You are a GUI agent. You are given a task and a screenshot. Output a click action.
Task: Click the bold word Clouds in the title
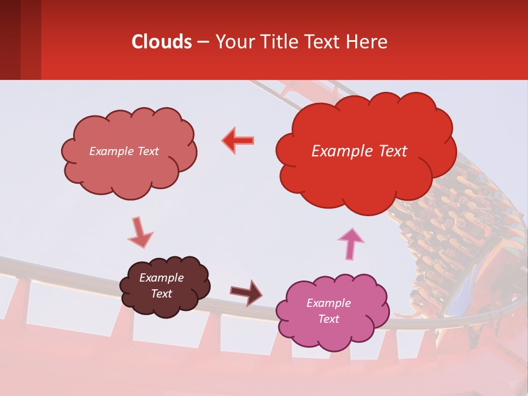pos(162,42)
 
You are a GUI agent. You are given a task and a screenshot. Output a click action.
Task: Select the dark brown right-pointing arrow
pos(246,293)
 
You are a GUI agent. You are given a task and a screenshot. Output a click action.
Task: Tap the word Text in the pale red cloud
pos(147,151)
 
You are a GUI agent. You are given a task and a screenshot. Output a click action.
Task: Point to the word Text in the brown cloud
pos(162,294)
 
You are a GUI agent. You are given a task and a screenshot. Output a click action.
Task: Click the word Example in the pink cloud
pos(328,303)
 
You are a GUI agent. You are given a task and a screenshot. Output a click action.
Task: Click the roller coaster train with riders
pos(451,231)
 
